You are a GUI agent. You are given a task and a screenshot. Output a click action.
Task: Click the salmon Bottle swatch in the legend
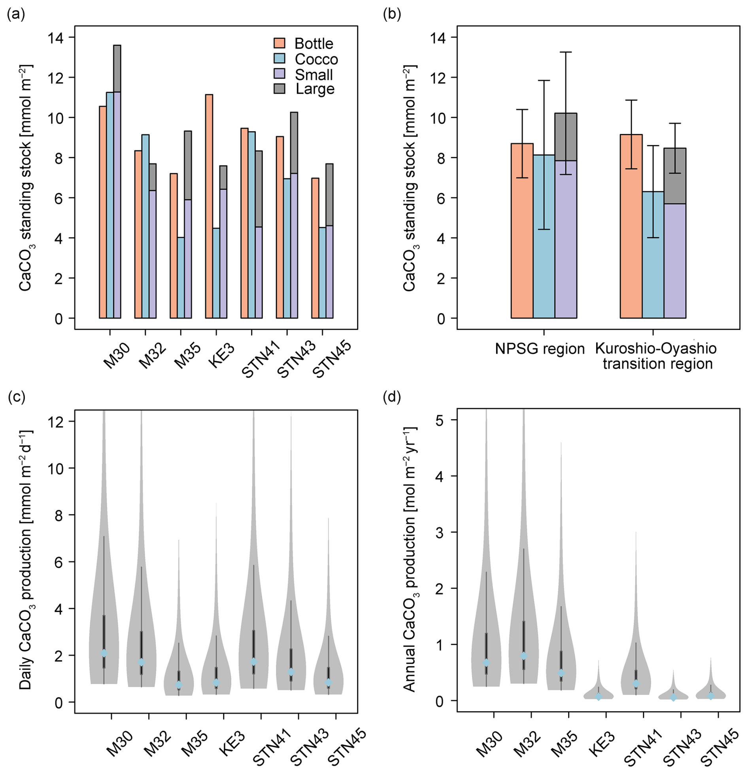pyautogui.click(x=279, y=43)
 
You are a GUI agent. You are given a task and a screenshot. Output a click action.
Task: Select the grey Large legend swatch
pyautogui.click(x=279, y=89)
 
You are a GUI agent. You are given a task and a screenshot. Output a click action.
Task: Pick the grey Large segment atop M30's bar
pyautogui.click(x=117, y=69)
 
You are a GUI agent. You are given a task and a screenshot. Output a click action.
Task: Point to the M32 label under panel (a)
pyautogui.click(x=153, y=356)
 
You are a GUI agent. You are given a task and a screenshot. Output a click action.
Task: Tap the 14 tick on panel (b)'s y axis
pyautogui.click(x=440, y=38)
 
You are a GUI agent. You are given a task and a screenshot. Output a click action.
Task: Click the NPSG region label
pyautogui.click(x=540, y=349)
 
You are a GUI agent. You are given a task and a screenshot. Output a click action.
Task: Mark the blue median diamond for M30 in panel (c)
pyautogui.click(x=104, y=653)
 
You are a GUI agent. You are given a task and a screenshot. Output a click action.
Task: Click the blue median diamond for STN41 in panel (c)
pyautogui.click(x=254, y=661)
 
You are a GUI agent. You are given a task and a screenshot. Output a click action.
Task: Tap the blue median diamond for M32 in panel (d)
pyautogui.click(x=523, y=656)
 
